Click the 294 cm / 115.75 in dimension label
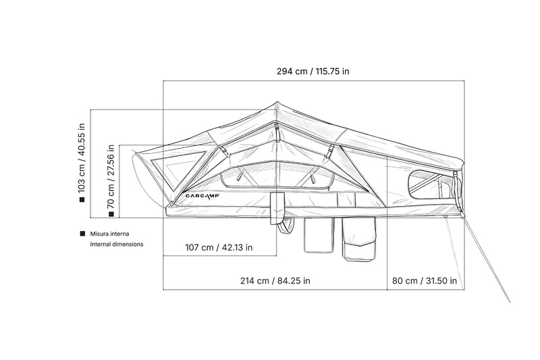click(x=313, y=72)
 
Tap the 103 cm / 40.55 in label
click(x=81, y=158)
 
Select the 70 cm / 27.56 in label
click(x=111, y=176)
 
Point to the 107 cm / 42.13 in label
click(x=219, y=247)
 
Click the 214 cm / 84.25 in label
click(x=275, y=281)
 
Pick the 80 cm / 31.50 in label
click(x=425, y=281)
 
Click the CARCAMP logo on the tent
click(x=202, y=196)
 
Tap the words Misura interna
click(x=109, y=234)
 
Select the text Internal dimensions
click(x=116, y=245)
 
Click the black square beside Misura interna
click(x=82, y=234)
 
